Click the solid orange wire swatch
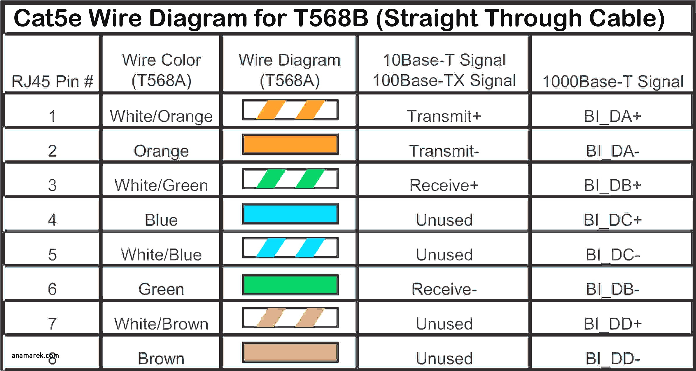(x=290, y=144)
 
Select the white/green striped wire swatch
(x=290, y=179)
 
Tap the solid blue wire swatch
(x=290, y=214)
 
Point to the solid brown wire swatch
(x=290, y=352)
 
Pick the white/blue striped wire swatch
(x=290, y=248)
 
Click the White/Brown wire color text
(x=161, y=324)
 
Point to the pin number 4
(x=52, y=220)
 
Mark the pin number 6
(x=52, y=289)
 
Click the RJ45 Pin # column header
(x=52, y=81)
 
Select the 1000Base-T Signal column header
(x=613, y=81)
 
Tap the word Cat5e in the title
(x=49, y=18)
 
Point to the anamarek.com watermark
(x=35, y=356)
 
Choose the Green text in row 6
(x=161, y=289)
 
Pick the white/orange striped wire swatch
(x=290, y=110)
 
